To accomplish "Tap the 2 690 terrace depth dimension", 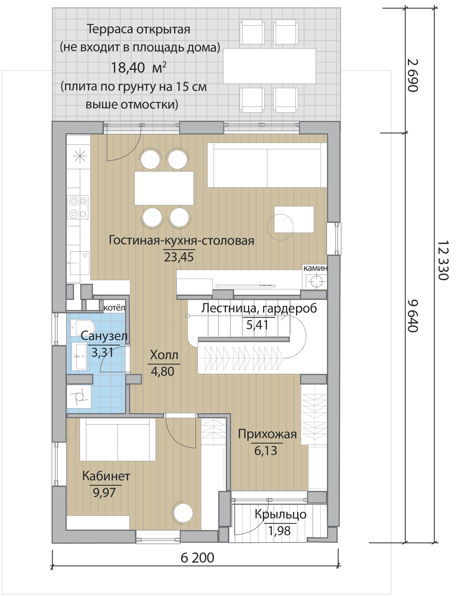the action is (x=412, y=75).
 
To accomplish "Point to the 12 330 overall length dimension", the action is (x=443, y=260).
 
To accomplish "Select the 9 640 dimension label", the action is (x=412, y=316).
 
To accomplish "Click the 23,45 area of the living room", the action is (x=179, y=257).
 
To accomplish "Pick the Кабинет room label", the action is (x=106, y=476).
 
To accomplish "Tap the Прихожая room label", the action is (x=267, y=434).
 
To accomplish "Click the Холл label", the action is (x=164, y=355).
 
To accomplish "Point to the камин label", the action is (x=315, y=268).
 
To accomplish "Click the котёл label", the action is (x=114, y=308).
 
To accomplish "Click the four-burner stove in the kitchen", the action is (x=78, y=207).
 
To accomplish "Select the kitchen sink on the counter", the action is (x=80, y=263).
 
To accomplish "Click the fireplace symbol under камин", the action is (x=316, y=281).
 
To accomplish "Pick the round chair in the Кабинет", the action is (x=183, y=513).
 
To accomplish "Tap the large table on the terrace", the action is (x=269, y=66).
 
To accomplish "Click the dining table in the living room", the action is (x=164, y=188).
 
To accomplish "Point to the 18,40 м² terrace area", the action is (x=138, y=68).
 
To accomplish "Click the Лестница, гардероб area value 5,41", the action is (x=257, y=324).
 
